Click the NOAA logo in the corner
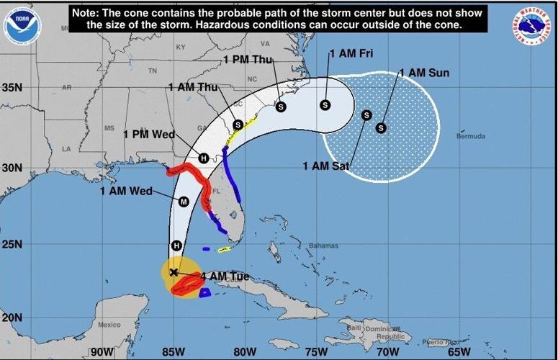point(19,25)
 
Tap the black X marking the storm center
point(174,272)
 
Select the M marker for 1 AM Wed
point(183,202)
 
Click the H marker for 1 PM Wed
point(204,158)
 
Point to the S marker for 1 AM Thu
point(238,125)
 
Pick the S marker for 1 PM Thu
point(281,106)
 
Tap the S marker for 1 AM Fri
point(325,104)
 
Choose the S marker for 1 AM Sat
point(366,115)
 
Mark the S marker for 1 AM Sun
point(382,128)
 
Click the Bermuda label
point(471,136)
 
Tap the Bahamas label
point(323,246)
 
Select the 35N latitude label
point(12,89)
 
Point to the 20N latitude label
point(12,318)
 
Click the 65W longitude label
point(457,351)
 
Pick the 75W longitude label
point(314,351)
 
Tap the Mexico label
point(109,325)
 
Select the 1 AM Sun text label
point(425,73)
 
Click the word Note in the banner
point(86,13)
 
